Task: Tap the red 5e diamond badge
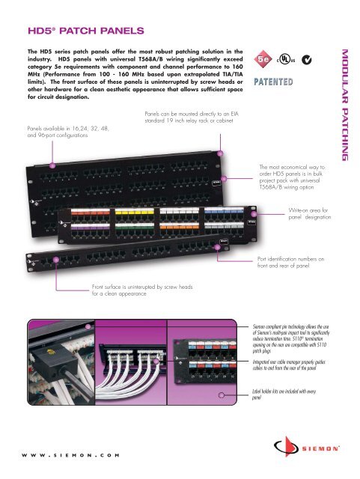coord(263,57)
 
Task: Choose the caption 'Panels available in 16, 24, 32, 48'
coord(66,133)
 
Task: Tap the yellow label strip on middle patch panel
coord(126,211)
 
